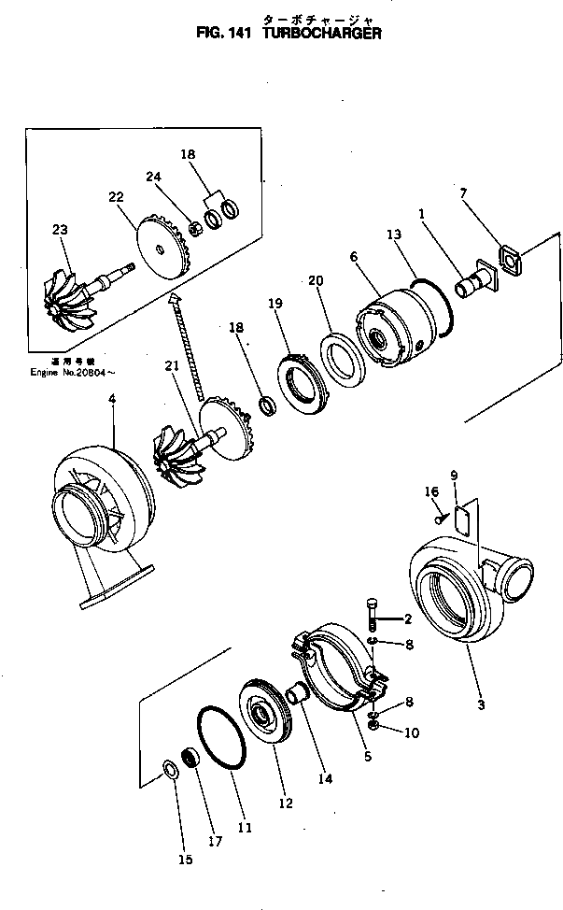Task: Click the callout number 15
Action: pos(185,860)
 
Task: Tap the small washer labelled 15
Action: pos(170,769)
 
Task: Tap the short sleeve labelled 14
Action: pos(297,695)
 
